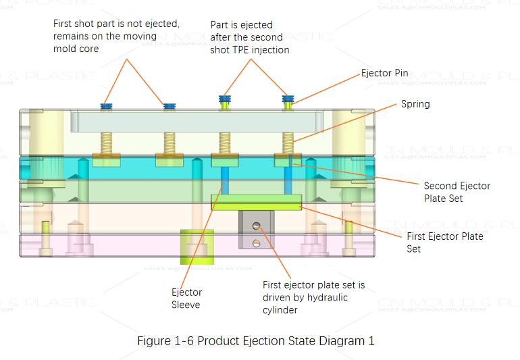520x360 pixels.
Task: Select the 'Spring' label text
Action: [x=415, y=104]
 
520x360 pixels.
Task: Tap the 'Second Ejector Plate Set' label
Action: [x=457, y=192]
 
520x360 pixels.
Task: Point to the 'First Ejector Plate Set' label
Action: [x=444, y=242]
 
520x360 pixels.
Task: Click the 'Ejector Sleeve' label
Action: [x=186, y=299]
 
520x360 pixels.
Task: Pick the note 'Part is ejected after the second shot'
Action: [x=250, y=36]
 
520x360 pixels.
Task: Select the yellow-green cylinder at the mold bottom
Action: [x=195, y=246]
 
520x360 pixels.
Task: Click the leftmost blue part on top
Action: [x=107, y=106]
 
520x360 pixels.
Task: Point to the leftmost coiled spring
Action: [x=107, y=143]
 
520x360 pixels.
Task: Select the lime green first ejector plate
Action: [x=256, y=201]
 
